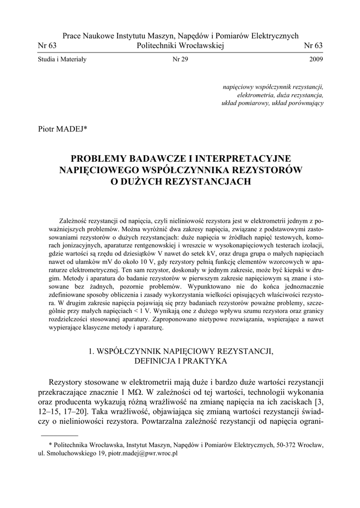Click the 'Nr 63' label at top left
47,46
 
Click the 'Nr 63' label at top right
313,46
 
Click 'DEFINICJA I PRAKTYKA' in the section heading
180,361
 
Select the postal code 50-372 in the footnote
285,445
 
